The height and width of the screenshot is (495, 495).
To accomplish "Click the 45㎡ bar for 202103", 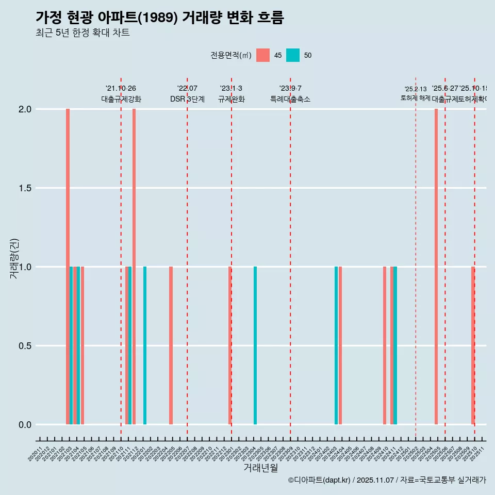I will (x=68, y=267).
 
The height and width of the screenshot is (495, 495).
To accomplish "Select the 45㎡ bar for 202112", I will (x=134, y=267).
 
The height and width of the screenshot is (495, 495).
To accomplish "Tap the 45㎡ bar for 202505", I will (x=436, y=267).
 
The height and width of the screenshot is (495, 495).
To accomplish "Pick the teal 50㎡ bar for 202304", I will (x=255, y=345).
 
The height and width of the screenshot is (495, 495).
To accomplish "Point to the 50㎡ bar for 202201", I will (x=145, y=345).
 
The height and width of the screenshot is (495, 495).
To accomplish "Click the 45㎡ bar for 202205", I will (x=171, y=345).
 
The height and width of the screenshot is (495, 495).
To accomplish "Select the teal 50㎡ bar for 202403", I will (x=336, y=345).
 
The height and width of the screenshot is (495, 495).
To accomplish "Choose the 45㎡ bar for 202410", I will (x=385, y=345).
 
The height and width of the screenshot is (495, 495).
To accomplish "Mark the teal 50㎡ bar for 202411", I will (x=395, y=345).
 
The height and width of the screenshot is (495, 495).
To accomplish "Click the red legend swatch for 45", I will (x=263, y=55).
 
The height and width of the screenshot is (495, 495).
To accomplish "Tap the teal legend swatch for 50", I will (x=293, y=55).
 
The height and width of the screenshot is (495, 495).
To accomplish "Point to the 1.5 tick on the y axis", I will (x=25, y=188).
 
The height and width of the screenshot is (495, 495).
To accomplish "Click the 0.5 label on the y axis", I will (x=25, y=346).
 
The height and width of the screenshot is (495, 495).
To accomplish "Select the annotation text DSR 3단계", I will (x=187, y=100).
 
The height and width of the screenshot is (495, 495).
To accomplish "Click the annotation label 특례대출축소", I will (x=290, y=100).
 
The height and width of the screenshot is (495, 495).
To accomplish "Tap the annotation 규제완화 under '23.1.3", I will (x=231, y=100).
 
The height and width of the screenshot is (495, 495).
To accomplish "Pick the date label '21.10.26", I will (x=121, y=89).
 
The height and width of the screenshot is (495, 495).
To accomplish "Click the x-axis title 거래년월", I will (x=260, y=468).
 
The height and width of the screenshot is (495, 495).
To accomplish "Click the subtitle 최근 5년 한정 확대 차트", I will (x=82, y=33).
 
